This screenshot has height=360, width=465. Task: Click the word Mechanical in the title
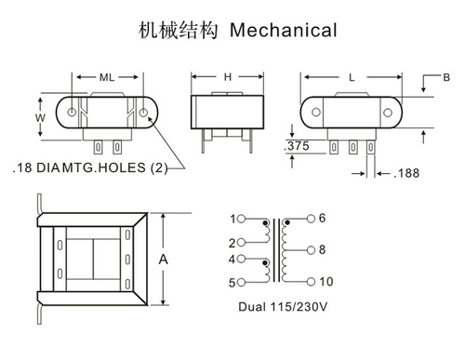(284, 31)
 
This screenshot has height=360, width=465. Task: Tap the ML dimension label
(107, 77)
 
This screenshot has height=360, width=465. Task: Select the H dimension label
(228, 77)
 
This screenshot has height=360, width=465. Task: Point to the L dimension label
(352, 77)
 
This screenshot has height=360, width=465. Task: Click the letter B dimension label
(446, 77)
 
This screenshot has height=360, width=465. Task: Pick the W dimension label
(40, 117)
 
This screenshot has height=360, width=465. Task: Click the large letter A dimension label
(163, 260)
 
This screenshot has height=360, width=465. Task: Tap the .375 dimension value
(297, 146)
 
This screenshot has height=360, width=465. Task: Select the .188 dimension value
(406, 173)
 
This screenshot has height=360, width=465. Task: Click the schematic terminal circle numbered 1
(241, 219)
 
